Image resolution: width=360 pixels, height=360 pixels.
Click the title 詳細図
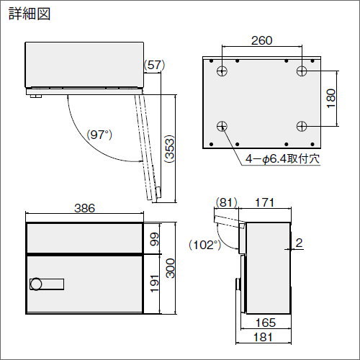pyautogui.click(x=30, y=14)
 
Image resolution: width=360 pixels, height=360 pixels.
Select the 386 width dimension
pyautogui.click(x=85, y=208)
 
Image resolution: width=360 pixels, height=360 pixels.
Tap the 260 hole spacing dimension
pyautogui.click(x=262, y=40)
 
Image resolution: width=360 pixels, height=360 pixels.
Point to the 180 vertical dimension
pyautogui.click(x=331, y=99)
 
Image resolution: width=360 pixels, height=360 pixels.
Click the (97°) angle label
pyautogui.click(x=99, y=135)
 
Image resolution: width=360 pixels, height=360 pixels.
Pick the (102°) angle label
pyautogui.click(x=204, y=245)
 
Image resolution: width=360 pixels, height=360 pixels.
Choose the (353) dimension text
pyautogui.click(x=169, y=149)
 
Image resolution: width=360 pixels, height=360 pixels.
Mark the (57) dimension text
pyautogui.click(x=155, y=65)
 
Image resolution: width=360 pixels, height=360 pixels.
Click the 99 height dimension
pyautogui.click(x=154, y=239)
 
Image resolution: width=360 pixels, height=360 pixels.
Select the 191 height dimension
pyautogui.click(x=154, y=284)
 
